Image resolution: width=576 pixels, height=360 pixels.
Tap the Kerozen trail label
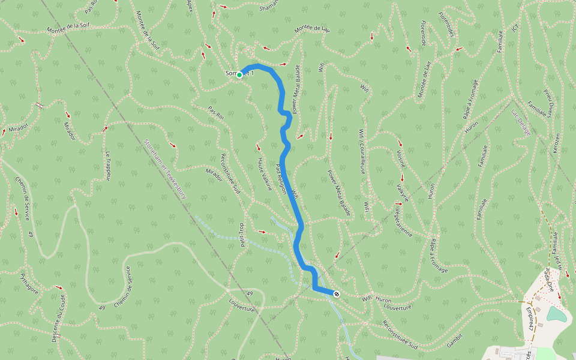tap(556, 143)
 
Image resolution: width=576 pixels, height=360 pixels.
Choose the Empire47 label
tap(530, 319)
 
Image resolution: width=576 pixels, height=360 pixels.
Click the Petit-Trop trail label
tap(243, 236)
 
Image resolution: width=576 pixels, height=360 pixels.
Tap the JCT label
tap(515, 28)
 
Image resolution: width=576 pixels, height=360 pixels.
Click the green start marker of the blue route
tap(239, 75)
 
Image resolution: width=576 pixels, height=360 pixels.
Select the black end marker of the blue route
tap(337, 294)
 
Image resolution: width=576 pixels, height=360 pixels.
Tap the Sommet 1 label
tap(240, 73)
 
